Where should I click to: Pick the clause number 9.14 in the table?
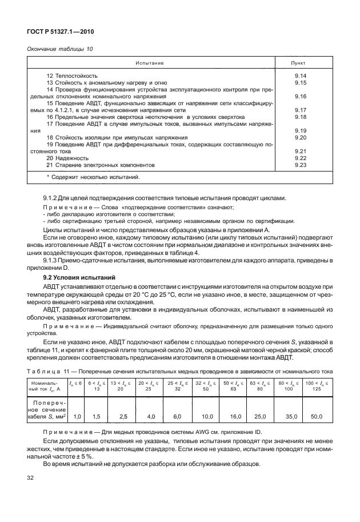(x=300, y=76)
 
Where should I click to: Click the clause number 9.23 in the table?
(x=300, y=165)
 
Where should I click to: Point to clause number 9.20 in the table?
(x=300, y=138)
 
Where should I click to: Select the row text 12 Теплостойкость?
(x=72, y=76)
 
